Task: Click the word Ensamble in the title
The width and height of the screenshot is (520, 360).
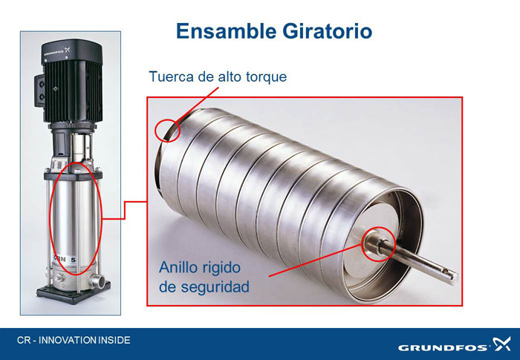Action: pyautogui.click(x=226, y=31)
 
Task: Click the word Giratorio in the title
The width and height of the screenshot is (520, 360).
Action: pyautogui.click(x=327, y=31)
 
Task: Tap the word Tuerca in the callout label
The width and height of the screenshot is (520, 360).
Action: pyautogui.click(x=171, y=76)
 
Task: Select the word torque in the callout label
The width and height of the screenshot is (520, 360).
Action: pyautogui.click(x=266, y=77)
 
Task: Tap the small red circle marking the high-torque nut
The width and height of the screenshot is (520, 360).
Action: pyautogui.click(x=167, y=131)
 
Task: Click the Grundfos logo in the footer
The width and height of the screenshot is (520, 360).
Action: pyautogui.click(x=455, y=344)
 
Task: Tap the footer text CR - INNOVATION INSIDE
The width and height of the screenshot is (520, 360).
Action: pyautogui.click(x=74, y=340)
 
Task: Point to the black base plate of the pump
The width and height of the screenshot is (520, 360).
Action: pyautogui.click(x=74, y=292)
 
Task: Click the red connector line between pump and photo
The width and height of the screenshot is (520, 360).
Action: pyautogui.click(x=124, y=210)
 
